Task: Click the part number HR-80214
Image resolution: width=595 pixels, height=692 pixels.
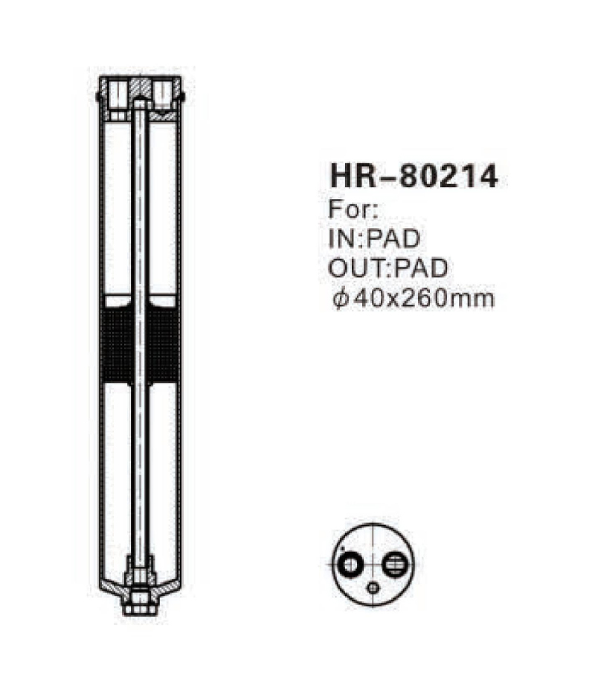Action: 413,177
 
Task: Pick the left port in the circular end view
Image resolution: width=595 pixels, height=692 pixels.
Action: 347,567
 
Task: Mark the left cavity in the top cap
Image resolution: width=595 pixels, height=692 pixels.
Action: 118,93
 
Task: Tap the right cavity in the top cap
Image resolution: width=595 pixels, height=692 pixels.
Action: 164,93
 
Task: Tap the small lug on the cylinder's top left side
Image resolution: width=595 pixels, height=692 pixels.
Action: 99,95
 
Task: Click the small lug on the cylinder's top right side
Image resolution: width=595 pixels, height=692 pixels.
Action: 182,95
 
